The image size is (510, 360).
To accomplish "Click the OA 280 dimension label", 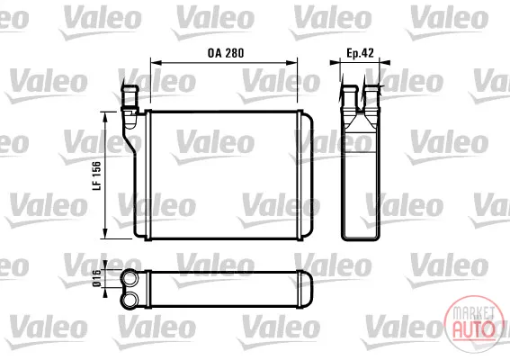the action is (226, 53).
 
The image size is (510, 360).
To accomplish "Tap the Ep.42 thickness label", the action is (360, 53).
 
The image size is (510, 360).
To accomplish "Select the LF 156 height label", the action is (97, 175).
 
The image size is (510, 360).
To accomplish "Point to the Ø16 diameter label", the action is (97, 279).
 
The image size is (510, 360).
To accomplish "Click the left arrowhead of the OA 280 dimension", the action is (157, 62).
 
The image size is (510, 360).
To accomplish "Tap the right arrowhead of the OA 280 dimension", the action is (291, 62).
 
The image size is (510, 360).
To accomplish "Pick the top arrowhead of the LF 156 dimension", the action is (104, 117).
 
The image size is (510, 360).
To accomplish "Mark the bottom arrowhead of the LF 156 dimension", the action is (104, 233).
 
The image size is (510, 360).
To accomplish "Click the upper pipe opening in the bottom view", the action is (130, 279).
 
